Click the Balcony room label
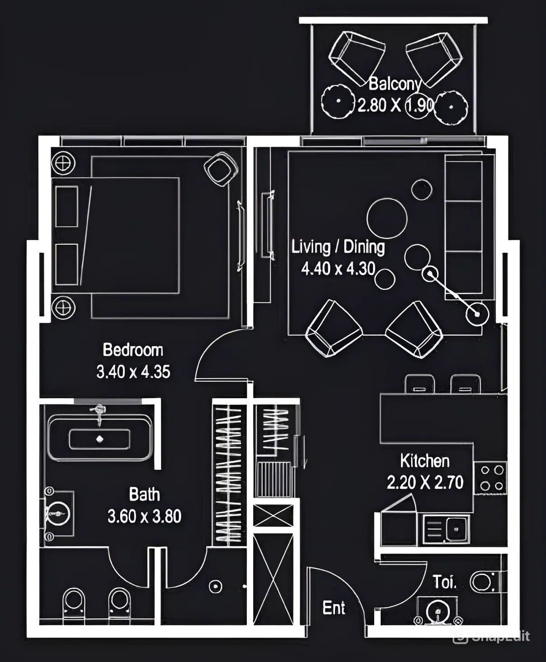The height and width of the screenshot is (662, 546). pos(395,85)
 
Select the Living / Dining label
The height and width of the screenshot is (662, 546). pos(338,247)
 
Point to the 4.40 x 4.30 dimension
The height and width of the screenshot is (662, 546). pos(338,269)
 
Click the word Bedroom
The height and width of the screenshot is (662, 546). pos(133,350)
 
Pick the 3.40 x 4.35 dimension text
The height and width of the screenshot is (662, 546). pos(133,372)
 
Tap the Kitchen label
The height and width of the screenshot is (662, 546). pos(425,461)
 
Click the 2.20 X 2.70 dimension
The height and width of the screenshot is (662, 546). pos(425,482)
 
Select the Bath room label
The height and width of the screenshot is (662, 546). pos(145,495)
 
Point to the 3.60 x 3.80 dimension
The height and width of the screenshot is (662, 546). pos(145,516)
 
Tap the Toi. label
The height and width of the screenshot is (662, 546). pos(445,582)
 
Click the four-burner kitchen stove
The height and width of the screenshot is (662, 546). pos(490,478)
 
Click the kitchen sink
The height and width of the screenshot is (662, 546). pos(446,528)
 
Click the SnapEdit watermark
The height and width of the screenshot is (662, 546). pos(491,636)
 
